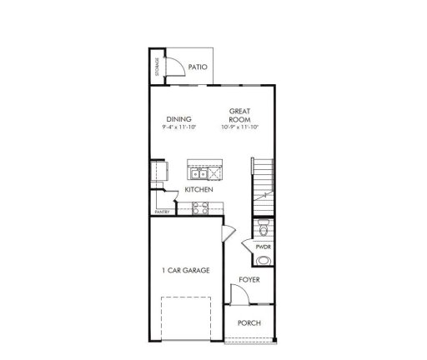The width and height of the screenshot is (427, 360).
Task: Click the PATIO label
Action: point(197,67)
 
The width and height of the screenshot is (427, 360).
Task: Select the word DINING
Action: point(179,118)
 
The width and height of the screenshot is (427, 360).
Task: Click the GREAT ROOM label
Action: point(241,115)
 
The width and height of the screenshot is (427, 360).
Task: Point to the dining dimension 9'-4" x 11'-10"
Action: point(179,127)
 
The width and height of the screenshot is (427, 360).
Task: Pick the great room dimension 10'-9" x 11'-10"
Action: point(241,127)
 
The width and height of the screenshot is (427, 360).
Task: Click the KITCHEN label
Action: point(199,190)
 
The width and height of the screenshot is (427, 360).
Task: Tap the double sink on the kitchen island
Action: point(200,173)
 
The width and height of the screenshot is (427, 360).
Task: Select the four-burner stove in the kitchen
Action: point(201,208)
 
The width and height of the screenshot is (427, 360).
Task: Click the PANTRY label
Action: point(162,212)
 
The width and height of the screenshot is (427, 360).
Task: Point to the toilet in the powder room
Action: point(263,227)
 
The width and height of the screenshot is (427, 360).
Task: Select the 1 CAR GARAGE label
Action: point(185,270)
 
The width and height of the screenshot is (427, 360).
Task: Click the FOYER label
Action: point(249,279)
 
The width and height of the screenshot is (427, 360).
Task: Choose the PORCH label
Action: point(249,322)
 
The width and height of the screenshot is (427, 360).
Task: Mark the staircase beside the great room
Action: point(264,179)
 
